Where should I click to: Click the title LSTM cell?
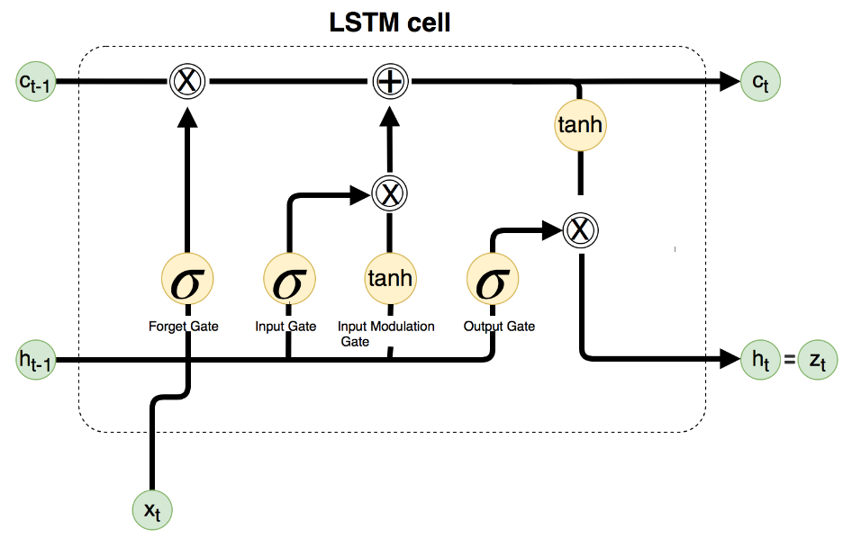pyautogui.click(x=389, y=22)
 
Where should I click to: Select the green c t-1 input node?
pyautogui.click(x=37, y=82)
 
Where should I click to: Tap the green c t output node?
pyautogui.click(x=761, y=82)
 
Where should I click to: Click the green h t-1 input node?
pyautogui.click(x=37, y=360)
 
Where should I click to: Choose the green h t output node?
pyautogui.click(x=761, y=360)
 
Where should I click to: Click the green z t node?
pyautogui.click(x=817, y=360)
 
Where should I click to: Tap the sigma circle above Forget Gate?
pyautogui.click(x=186, y=280)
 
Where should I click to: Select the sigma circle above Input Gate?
pyautogui.click(x=288, y=280)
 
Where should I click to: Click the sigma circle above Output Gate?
pyautogui.click(x=492, y=280)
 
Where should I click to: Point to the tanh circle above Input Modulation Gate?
pyautogui.click(x=389, y=280)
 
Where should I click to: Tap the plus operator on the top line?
pyautogui.click(x=389, y=82)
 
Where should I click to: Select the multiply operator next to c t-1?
pyautogui.click(x=186, y=82)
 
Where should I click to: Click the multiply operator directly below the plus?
pyautogui.click(x=389, y=192)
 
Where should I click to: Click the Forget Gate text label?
pyautogui.click(x=184, y=327)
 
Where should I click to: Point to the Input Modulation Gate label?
pyautogui.click(x=385, y=333)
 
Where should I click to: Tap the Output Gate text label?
pyautogui.click(x=499, y=327)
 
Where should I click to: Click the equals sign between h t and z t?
pyautogui.click(x=789, y=361)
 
